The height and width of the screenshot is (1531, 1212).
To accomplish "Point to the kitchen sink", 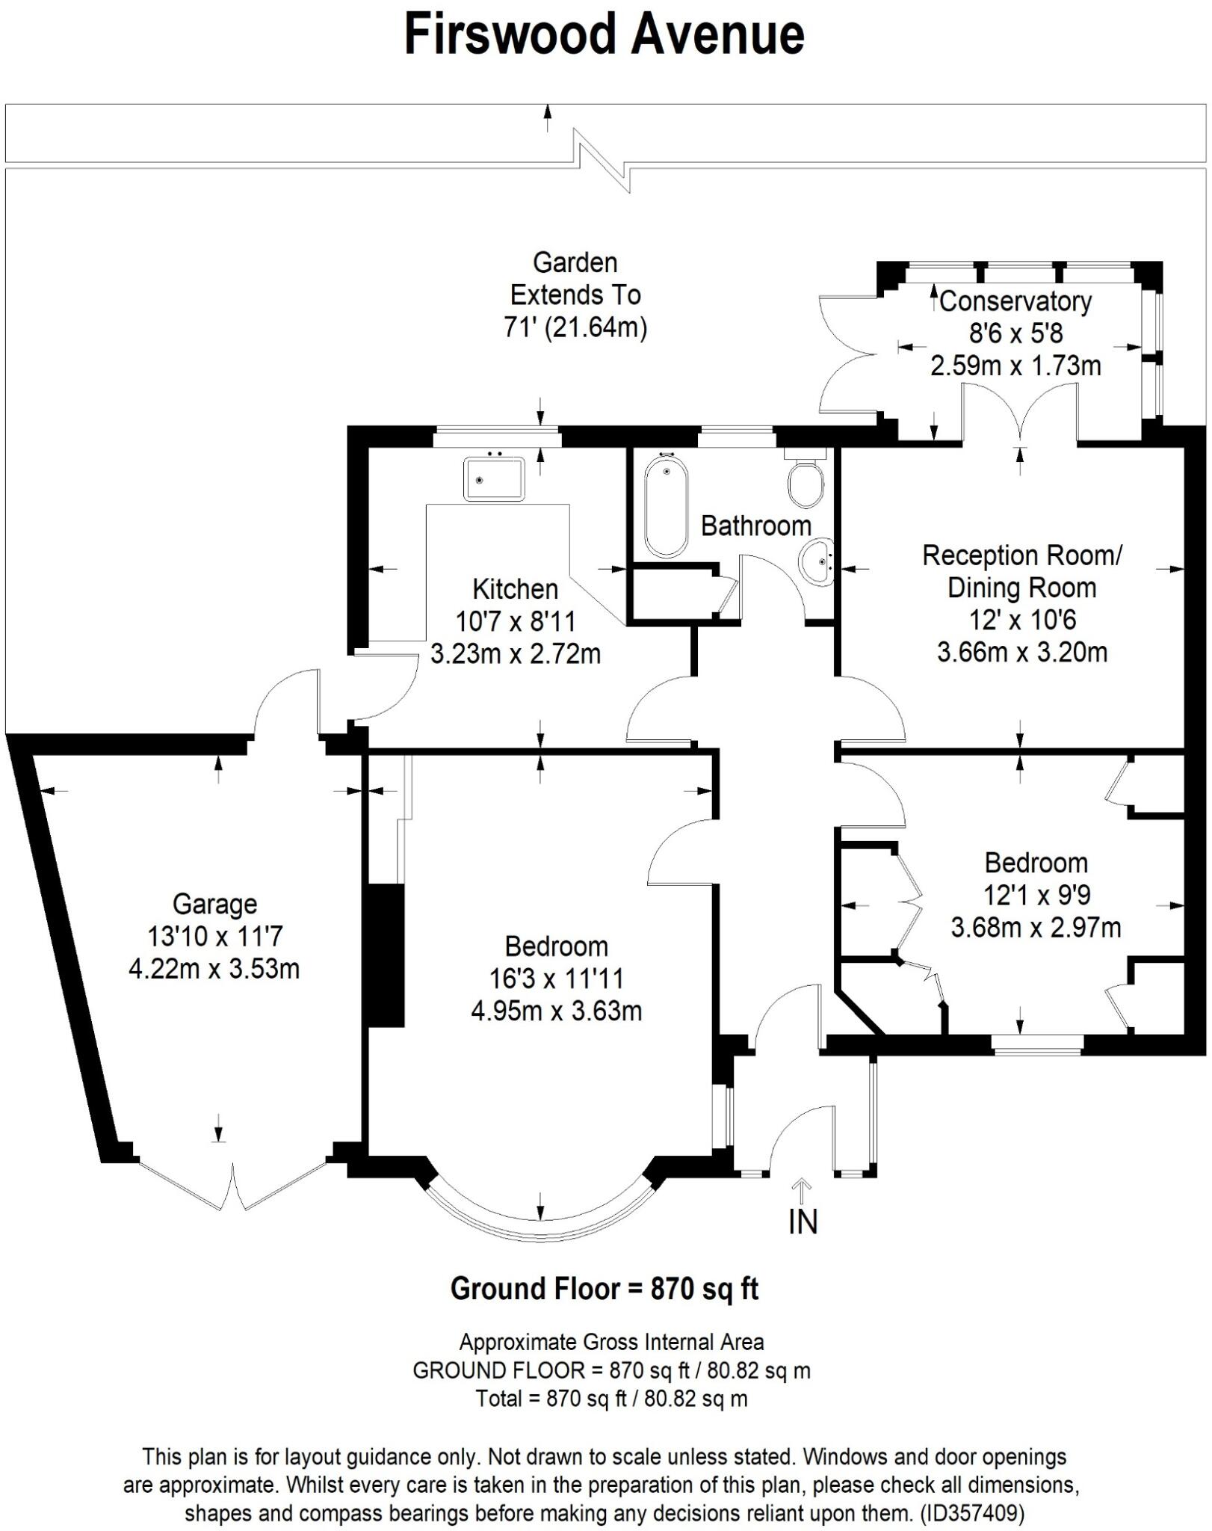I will coord(494,479).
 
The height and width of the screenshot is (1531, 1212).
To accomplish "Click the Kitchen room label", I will coord(515,589).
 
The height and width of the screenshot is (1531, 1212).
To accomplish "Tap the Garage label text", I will coord(214,904).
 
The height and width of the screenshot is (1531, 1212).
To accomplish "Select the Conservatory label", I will coord(1015,301).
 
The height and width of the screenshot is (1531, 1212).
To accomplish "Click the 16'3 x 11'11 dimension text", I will coord(556,979).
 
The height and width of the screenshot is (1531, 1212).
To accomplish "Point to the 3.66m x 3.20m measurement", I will coord(1021,652).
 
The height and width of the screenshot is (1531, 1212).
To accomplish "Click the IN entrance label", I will coord(803,1222).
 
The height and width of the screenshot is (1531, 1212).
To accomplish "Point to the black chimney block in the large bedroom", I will coord(387,955).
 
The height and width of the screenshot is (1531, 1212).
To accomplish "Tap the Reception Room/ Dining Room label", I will coord(1021,571).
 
